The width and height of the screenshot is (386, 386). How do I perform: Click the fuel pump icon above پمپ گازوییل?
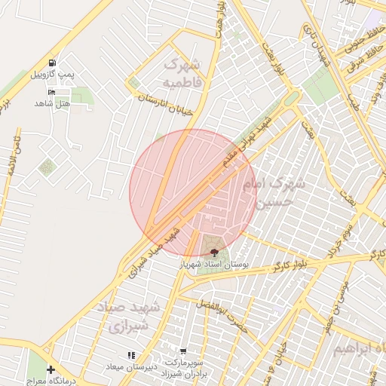(x=51, y=63)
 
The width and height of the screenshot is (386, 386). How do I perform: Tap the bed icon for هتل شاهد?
(x=51, y=91)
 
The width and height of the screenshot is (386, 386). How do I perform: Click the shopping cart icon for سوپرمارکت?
(x=182, y=351)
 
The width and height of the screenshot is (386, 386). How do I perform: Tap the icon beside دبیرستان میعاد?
(x=131, y=354)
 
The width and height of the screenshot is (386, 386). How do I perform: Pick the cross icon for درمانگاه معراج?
(x=51, y=369)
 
